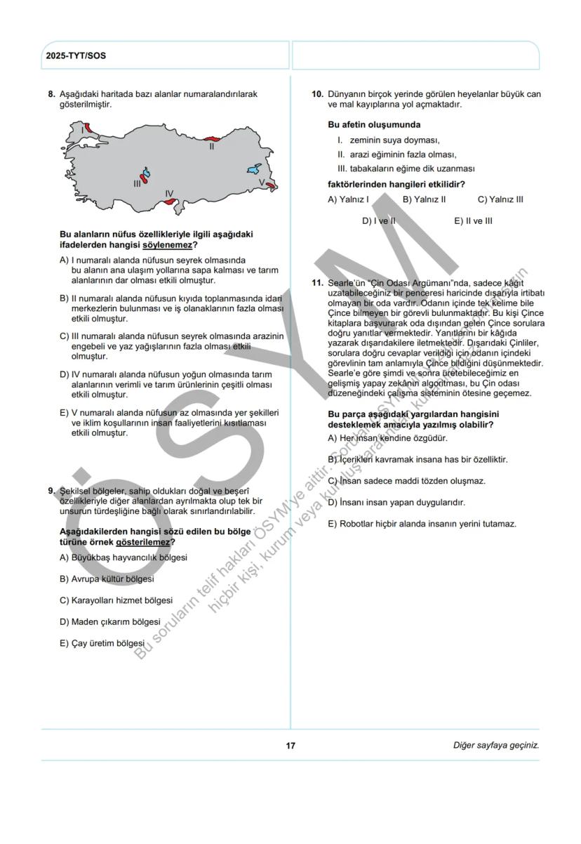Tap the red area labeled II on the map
coord(211,140)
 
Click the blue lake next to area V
coord(254,169)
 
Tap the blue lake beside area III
coord(146,173)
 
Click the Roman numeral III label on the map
coord(137,183)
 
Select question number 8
coord(51,94)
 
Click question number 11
coord(316,282)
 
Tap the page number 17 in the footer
coord(290,745)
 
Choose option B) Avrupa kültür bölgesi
coord(107,579)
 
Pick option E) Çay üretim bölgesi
coord(102,642)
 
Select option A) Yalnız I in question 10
coord(349,199)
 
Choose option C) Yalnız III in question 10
coord(500,199)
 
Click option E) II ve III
coord(473,220)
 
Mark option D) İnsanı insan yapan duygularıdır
coord(396,503)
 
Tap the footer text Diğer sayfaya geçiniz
coord(496,745)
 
